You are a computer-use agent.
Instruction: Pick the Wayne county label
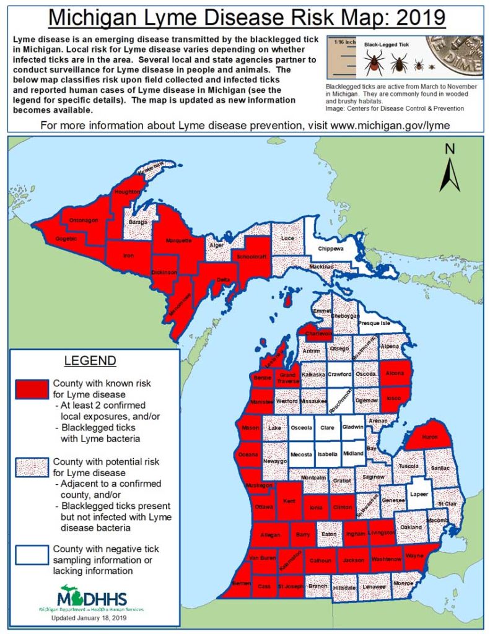coord(414,556)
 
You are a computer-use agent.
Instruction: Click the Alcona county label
coord(395,373)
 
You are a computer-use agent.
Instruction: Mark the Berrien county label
coord(233,584)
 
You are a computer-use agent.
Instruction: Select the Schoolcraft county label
coord(251,255)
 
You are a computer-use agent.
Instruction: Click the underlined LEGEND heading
coord(90,360)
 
